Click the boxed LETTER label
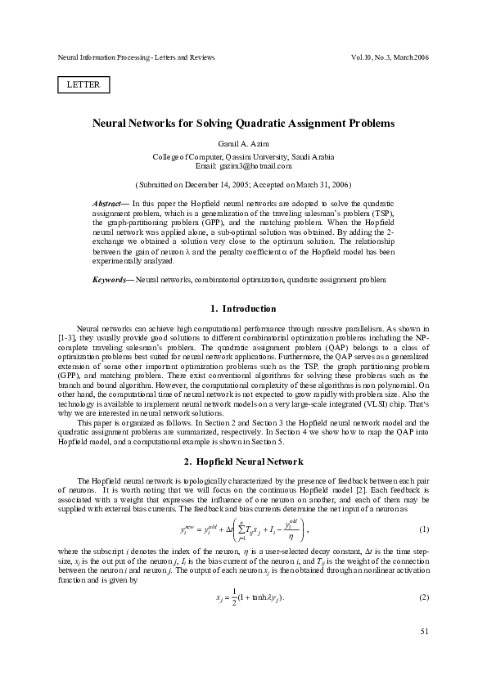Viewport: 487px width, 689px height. point(83,84)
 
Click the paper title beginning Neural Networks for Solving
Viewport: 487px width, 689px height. point(243,124)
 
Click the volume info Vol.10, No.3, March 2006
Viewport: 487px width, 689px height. point(388,58)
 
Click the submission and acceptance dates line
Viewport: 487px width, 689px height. point(243,186)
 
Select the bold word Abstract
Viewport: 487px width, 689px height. point(109,202)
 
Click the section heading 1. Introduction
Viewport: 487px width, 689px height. point(243,308)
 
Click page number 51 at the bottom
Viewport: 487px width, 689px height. point(423,654)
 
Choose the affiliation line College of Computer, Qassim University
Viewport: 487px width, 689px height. point(243,155)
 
